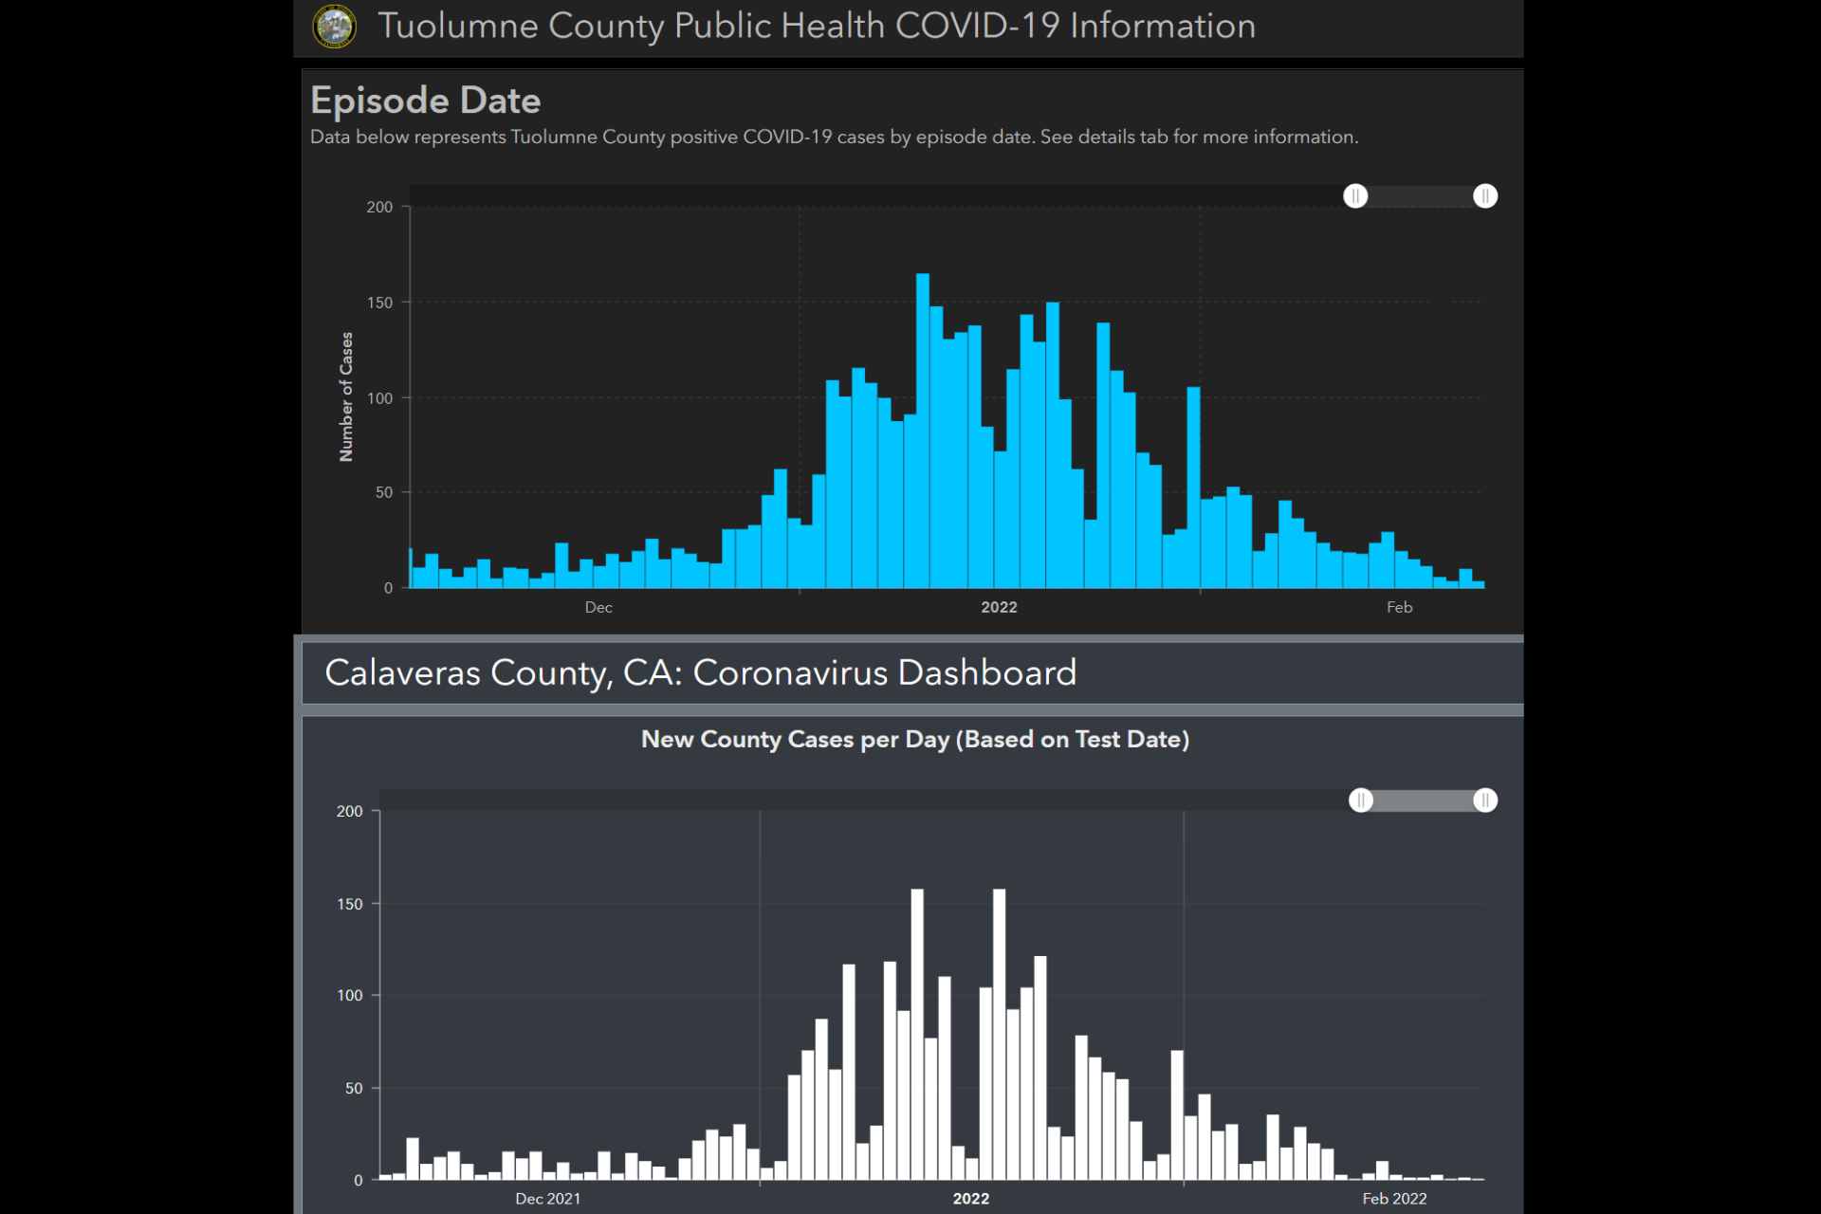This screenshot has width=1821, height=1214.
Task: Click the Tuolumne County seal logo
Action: [334, 27]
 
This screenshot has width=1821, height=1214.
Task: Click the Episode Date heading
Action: [425, 101]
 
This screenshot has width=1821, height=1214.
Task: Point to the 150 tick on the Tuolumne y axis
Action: [379, 303]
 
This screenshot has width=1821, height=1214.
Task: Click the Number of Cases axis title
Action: [346, 396]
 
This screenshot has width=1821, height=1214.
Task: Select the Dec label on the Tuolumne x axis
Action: [598, 607]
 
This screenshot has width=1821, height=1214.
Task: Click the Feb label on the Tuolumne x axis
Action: [1399, 607]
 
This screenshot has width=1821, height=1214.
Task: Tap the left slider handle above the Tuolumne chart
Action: [1355, 196]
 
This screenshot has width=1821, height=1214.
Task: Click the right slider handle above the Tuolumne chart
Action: [1485, 196]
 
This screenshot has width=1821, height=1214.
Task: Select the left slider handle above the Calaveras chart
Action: [1361, 800]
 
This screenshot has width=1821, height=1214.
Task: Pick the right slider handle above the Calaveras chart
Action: [1485, 800]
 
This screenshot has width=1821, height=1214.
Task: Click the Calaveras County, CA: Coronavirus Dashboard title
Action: [700, 672]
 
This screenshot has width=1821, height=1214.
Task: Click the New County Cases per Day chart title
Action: [915, 739]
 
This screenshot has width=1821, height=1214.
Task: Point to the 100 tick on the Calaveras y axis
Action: [349, 995]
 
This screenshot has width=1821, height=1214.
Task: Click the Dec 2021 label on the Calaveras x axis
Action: [548, 1199]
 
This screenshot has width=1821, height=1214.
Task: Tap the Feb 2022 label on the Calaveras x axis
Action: [1394, 1199]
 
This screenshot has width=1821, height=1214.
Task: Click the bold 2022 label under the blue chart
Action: [999, 607]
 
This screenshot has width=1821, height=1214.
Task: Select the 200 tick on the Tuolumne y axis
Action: [379, 207]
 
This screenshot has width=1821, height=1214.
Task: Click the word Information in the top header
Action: [1163, 27]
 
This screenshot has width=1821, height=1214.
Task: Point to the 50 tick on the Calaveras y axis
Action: [353, 1088]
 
